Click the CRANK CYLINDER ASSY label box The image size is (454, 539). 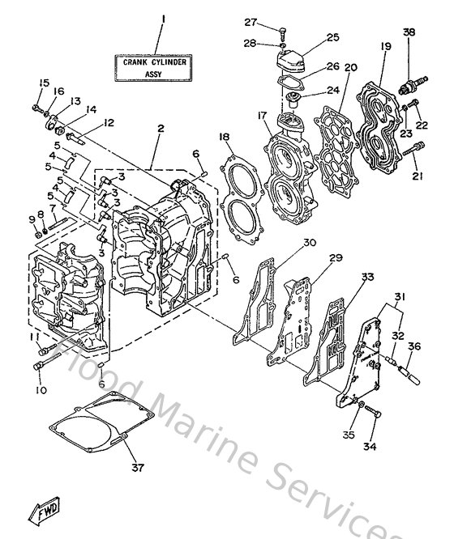click(x=154, y=66)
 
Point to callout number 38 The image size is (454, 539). click(x=409, y=32)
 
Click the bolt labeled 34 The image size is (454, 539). click(x=374, y=413)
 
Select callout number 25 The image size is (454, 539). click(x=332, y=37)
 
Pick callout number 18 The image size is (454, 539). click(x=222, y=138)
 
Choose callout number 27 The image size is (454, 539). click(x=272, y=23)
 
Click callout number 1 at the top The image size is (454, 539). click(x=162, y=19)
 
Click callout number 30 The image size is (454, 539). click(x=309, y=242)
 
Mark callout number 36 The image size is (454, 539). click(x=414, y=346)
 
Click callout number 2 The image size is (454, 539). click(x=161, y=129)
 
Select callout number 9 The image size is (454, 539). click(x=32, y=219)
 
